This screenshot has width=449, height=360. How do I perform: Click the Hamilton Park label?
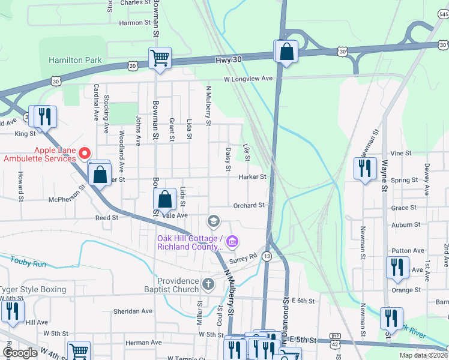[75, 61]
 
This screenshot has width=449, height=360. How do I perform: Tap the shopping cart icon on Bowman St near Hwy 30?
[160, 59]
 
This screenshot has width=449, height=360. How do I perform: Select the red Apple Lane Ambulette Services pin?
[85, 154]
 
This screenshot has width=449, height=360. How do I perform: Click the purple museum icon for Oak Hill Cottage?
[233, 242]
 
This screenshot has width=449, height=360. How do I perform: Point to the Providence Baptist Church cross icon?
[208, 283]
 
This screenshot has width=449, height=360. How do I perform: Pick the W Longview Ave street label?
[248, 79]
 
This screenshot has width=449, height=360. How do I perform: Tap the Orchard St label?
[249, 205]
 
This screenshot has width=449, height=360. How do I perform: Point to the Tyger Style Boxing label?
[33, 289]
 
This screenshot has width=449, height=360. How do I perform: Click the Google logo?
[20, 353]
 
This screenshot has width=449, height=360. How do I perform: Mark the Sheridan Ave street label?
[131, 311]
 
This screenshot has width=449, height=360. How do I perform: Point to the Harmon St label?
[134, 23]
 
